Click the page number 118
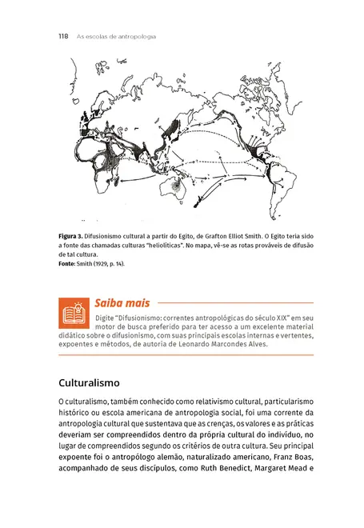click(63, 37)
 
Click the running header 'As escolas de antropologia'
click(116, 37)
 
